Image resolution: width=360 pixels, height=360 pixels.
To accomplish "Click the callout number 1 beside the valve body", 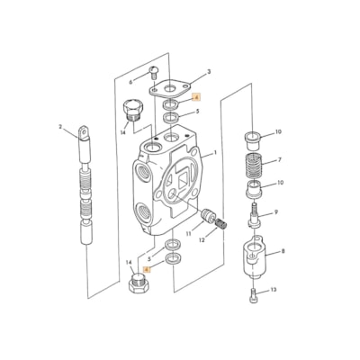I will pos(214,155).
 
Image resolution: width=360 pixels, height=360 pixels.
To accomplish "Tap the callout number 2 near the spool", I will pos(60,127).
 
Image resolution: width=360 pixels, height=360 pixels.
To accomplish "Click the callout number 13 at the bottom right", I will pos(273,290).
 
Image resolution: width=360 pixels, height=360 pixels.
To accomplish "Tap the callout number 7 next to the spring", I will pos(279,161).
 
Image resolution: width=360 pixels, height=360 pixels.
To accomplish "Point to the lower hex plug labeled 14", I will pos(138,287).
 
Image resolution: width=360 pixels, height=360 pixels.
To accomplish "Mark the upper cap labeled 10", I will pos(252,139).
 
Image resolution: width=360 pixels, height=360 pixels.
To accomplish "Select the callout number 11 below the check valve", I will pos(188,233).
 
